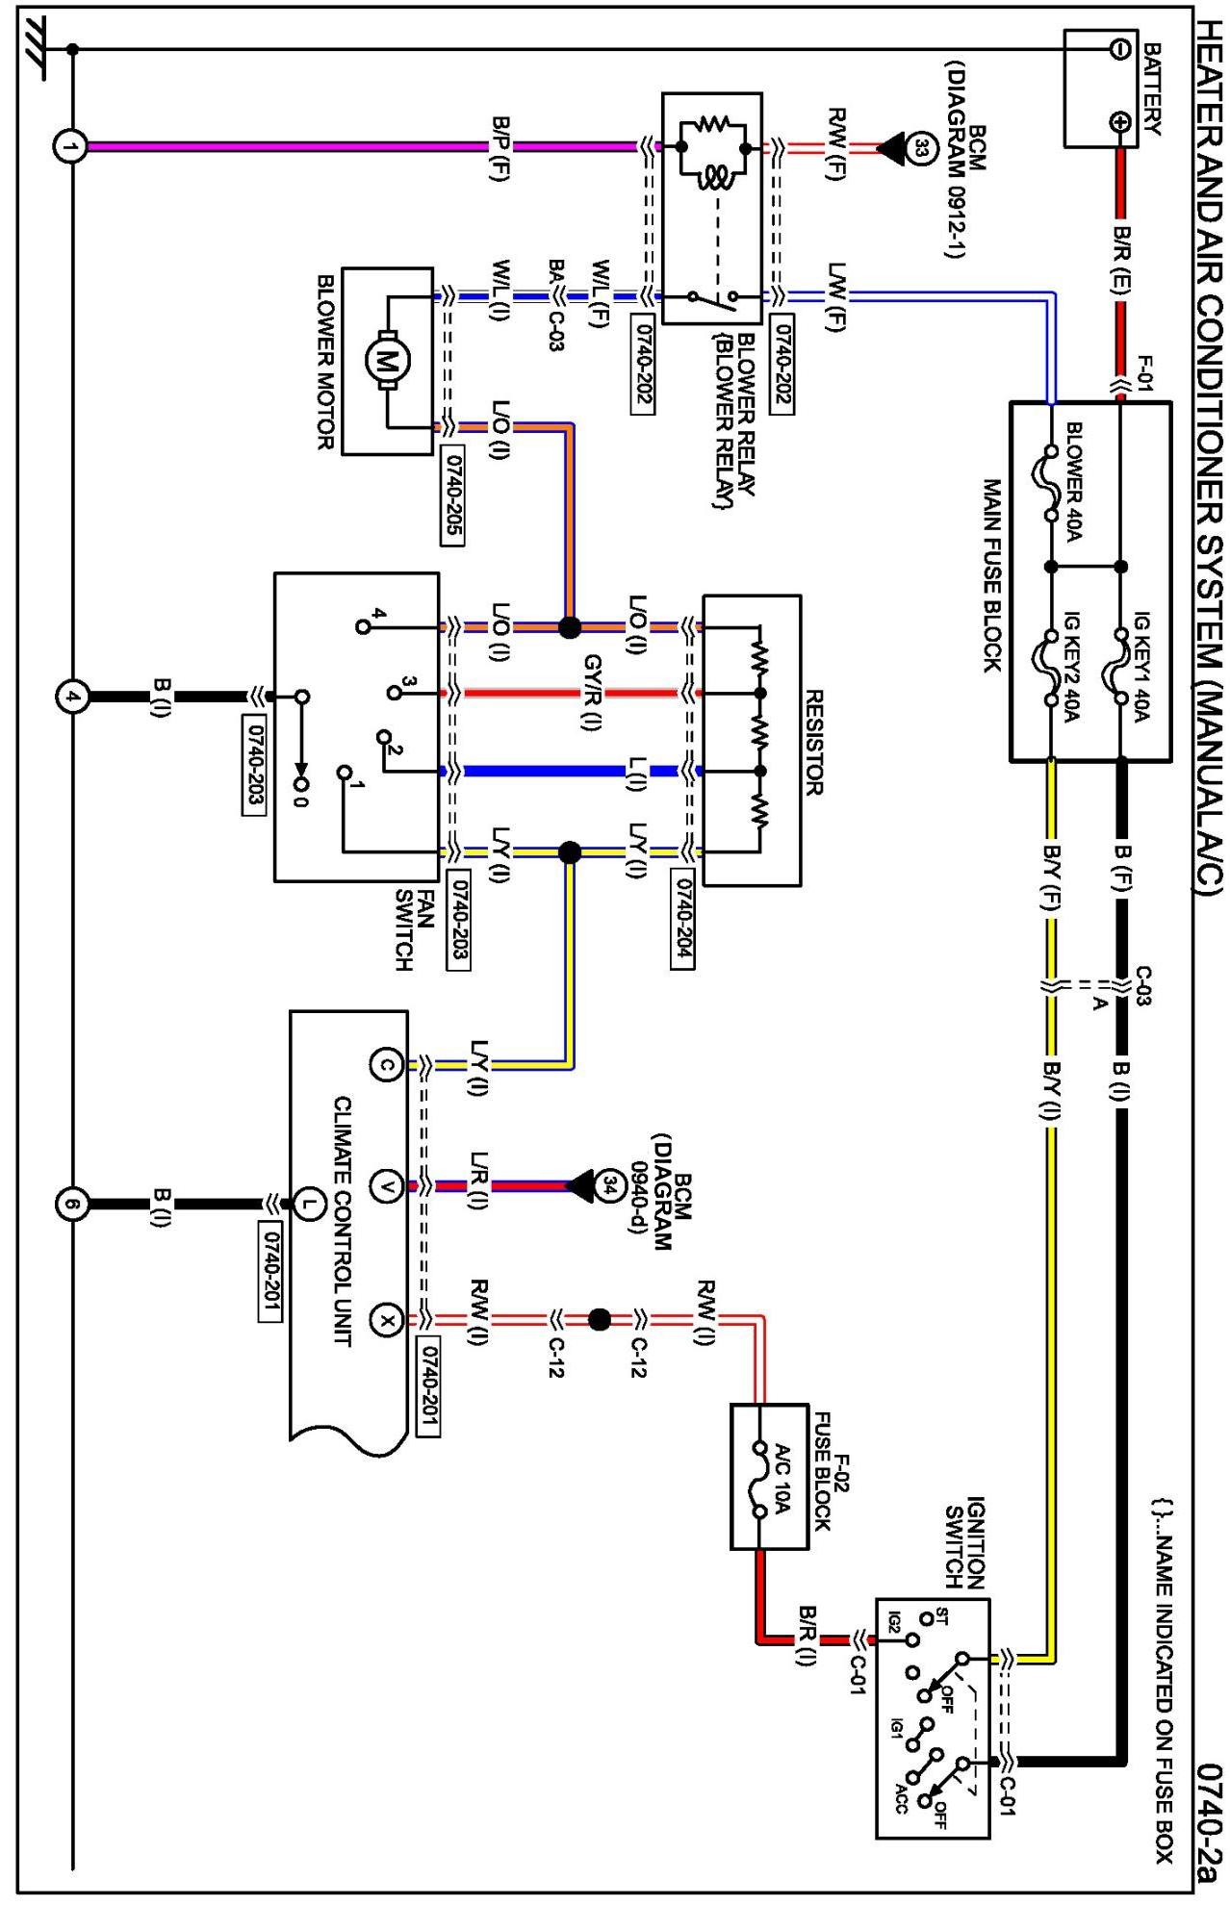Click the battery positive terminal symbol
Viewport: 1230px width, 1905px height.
click(1120, 122)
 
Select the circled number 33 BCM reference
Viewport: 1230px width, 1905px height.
click(921, 148)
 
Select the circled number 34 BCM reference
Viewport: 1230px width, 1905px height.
click(609, 1185)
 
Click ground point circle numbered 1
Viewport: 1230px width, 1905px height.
click(69, 147)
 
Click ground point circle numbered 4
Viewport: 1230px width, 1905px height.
click(71, 696)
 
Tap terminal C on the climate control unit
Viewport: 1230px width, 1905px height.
click(386, 1065)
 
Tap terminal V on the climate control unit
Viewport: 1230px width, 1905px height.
click(386, 1186)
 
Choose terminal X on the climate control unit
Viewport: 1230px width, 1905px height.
click(386, 1321)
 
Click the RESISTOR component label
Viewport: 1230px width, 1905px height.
click(813, 742)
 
